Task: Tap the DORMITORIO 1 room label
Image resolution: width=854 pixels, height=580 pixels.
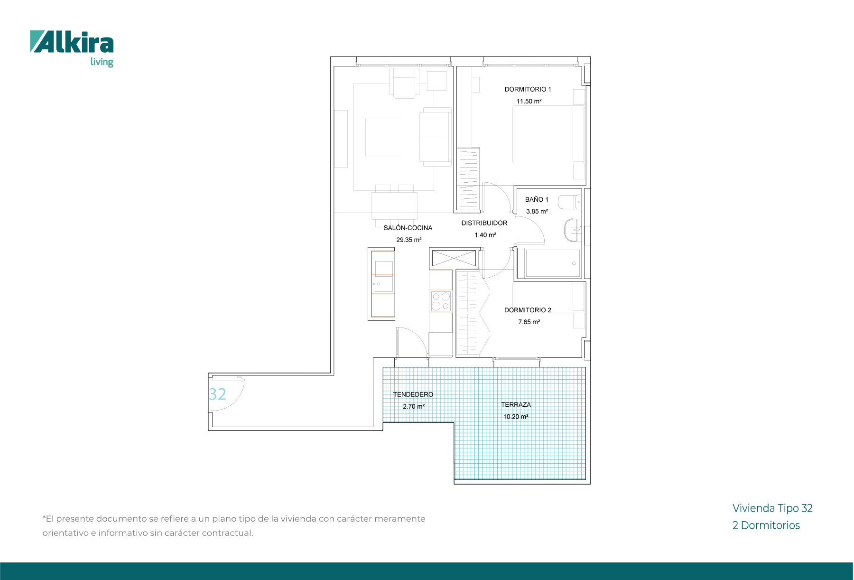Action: [528, 89]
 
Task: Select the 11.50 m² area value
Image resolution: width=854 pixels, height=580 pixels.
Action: [529, 101]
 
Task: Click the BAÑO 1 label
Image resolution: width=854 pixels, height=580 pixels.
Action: [537, 199]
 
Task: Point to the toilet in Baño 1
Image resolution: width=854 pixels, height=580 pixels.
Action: [569, 202]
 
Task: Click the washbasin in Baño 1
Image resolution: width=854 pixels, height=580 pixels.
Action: [572, 230]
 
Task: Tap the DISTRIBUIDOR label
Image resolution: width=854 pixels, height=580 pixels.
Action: [484, 223]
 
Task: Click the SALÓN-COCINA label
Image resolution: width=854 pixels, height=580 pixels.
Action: [408, 228]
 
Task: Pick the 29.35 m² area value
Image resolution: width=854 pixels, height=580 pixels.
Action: [408, 240]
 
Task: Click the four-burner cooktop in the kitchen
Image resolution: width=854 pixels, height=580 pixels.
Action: [441, 301]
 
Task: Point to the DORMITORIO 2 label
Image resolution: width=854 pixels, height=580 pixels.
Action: [528, 310]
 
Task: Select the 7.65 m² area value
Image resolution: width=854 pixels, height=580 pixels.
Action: [529, 322]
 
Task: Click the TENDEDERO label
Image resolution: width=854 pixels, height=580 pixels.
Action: [413, 394]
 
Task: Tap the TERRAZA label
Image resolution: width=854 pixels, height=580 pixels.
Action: [516, 404]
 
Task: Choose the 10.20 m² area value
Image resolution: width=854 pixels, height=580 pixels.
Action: [516, 417]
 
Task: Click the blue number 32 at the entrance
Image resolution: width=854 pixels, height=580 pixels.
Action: [217, 394]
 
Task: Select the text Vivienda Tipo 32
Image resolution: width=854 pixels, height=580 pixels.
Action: [772, 508]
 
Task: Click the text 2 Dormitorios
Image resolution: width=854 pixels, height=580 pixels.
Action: [766, 525]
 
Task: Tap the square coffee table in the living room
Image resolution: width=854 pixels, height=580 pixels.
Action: [384, 137]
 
